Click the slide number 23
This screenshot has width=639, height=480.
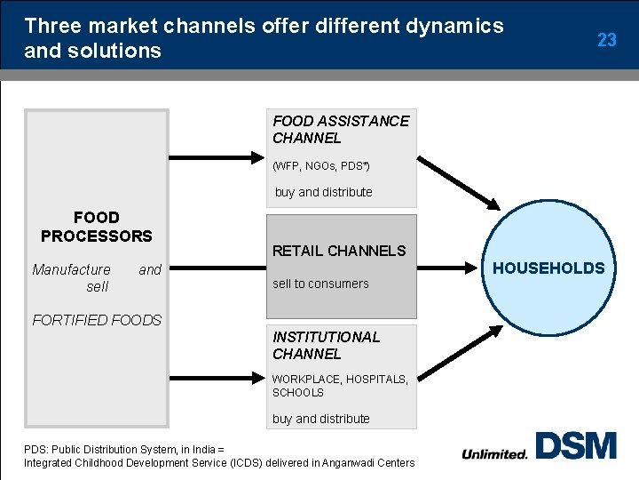(607, 40)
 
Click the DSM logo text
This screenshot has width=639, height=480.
(576, 445)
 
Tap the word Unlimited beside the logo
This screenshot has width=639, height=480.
(494, 453)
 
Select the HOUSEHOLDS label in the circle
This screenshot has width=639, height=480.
(548, 268)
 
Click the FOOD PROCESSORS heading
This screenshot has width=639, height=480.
(97, 227)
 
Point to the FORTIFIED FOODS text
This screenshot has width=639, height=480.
(97, 320)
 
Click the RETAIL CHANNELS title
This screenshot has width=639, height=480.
(339, 251)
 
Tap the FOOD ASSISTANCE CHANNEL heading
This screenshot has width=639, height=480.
(341, 129)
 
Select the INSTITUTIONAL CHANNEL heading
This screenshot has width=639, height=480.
(326, 345)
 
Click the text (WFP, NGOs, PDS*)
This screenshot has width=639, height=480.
(321, 166)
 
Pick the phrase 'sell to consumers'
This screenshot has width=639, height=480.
(320, 284)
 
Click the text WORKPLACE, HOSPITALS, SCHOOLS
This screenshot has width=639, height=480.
(340, 385)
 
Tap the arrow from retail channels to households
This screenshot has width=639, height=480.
(448, 265)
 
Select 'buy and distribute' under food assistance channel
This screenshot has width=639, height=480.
(323, 192)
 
